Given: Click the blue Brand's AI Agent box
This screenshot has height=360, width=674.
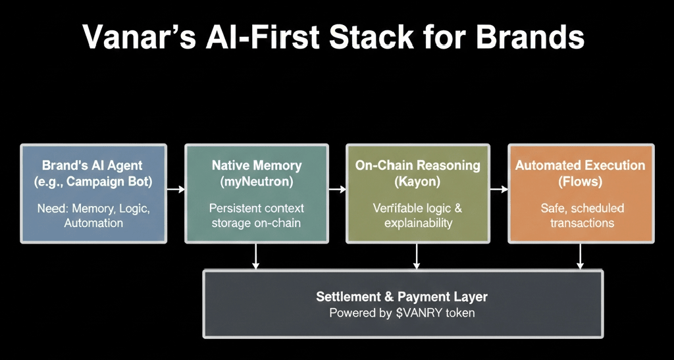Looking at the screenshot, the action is (93, 193).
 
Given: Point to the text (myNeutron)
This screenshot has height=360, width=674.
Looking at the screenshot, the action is (256, 182).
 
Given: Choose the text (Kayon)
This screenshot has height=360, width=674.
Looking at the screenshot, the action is (417, 182).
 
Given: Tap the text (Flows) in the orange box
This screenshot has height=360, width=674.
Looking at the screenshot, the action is (580, 182).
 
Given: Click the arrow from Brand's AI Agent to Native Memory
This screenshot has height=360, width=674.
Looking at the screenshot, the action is (176, 189).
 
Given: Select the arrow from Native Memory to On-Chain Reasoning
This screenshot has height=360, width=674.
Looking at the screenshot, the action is (338, 189).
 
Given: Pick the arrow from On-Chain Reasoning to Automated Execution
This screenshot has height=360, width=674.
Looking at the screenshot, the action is (499, 189).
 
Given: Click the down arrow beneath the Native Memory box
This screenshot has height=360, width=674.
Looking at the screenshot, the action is (256, 257).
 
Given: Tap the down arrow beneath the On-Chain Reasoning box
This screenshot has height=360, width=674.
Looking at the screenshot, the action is (416, 257).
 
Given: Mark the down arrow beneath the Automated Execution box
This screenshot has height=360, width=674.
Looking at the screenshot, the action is (580, 257).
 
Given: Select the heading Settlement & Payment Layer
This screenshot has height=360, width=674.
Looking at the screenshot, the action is (402, 296).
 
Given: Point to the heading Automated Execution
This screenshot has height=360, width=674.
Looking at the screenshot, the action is (580, 165).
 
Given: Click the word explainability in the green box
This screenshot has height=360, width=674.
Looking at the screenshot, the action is (418, 223).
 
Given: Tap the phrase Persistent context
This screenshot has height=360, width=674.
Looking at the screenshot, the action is (257, 209).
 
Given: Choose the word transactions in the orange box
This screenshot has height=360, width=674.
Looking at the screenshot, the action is (582, 223).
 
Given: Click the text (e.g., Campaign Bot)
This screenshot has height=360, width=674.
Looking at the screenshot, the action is (93, 182).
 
